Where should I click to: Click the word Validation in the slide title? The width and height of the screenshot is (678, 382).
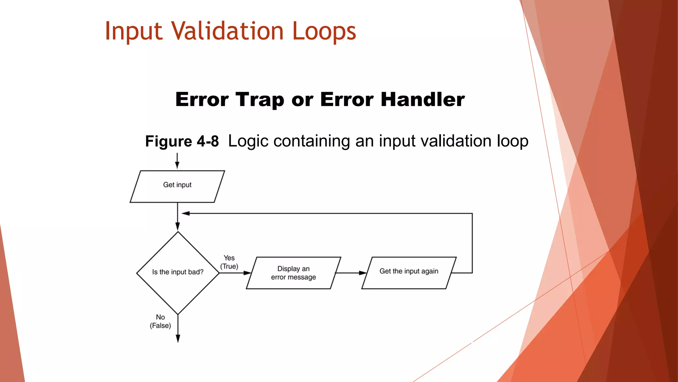(x=227, y=31)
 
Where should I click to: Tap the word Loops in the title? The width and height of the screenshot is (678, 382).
(x=323, y=32)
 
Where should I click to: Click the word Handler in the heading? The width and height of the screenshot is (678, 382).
(x=422, y=99)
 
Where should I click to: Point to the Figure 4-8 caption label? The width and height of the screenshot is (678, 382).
(x=182, y=141)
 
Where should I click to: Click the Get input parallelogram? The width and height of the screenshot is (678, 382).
(x=177, y=186)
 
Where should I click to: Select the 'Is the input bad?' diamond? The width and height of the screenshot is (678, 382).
(x=178, y=273)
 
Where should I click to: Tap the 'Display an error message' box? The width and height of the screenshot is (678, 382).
(x=293, y=273)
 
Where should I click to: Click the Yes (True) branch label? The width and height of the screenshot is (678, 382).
(x=229, y=262)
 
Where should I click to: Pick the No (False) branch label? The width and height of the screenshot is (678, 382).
(x=160, y=321)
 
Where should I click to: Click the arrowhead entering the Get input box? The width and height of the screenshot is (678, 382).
(x=177, y=165)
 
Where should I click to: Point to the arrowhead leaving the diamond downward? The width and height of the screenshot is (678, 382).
(x=178, y=338)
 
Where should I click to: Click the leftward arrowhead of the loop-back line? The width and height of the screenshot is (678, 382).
(x=185, y=214)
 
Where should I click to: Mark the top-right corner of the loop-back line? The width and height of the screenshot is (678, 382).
(x=472, y=214)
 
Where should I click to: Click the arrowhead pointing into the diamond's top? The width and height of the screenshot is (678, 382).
(x=177, y=227)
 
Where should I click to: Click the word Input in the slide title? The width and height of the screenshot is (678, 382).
(x=134, y=32)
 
